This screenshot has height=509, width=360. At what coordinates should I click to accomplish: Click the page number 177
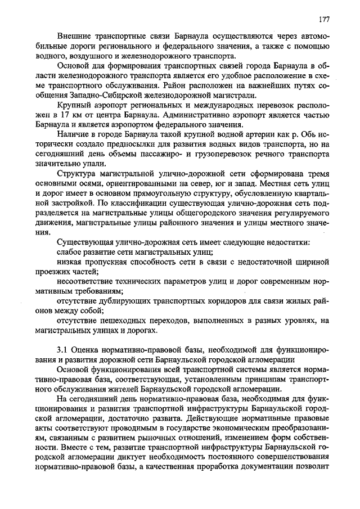point(323,19)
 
